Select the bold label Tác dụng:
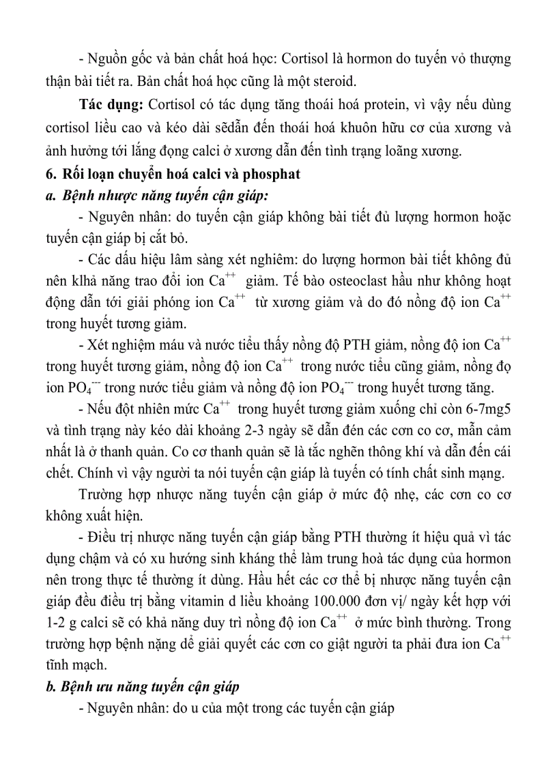coord(105,105)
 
